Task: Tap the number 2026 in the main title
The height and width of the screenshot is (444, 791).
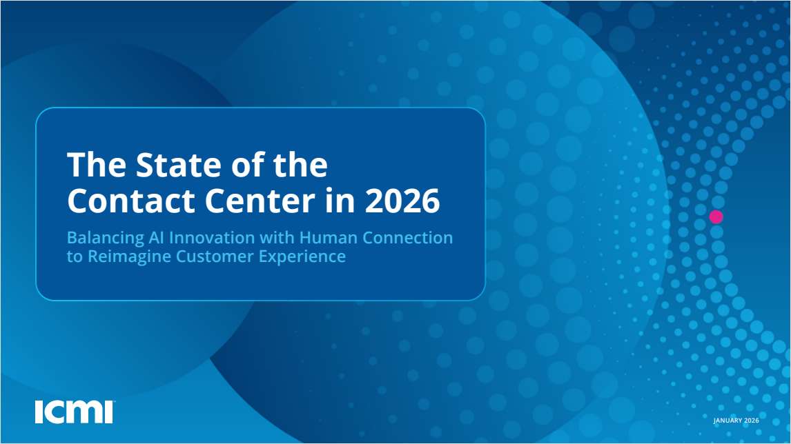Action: pos(402,201)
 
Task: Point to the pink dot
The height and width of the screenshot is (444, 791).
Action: pos(716,216)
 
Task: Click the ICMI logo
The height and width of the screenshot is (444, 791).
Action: pos(74,412)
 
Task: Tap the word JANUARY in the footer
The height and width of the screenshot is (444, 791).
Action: pos(728,421)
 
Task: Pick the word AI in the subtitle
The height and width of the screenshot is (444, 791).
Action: pos(157,238)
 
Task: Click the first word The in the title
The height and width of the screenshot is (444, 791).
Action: pos(90,166)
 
